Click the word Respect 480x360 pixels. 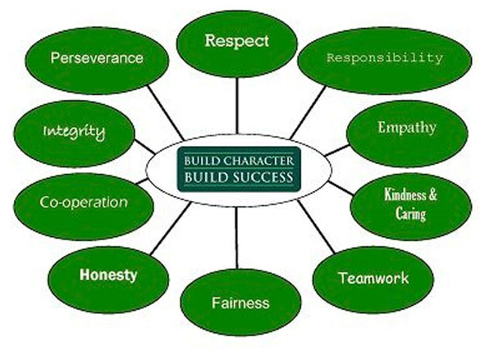tap(236, 41)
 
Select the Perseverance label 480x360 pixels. tap(97, 57)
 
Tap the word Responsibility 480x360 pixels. tap(385, 57)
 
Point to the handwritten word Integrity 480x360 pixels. tap(74, 132)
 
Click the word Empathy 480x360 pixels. tap(407, 128)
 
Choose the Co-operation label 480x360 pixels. tap(84, 203)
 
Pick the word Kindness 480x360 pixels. tap(405, 194)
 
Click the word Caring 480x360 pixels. tap(410, 213)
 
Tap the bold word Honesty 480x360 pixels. tap(108, 275)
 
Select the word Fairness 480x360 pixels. tap(240, 303)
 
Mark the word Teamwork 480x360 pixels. tap(373, 278)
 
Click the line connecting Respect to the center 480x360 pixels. tap(236, 106)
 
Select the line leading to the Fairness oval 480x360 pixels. tap(236, 238)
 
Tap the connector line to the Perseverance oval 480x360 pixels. tap(166, 112)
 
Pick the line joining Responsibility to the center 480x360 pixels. tap(308, 112)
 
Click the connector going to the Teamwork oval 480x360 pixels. tap(316, 226)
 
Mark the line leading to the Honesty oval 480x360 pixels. tap(171, 228)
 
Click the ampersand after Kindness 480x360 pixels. tap(432, 194)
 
